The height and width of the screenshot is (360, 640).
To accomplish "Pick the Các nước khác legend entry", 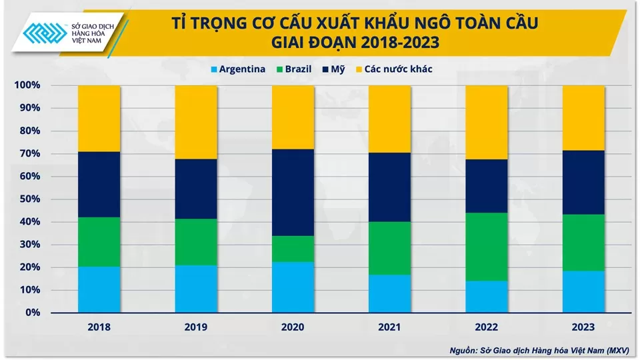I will (393, 69).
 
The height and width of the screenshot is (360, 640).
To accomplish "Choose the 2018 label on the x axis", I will (99, 327).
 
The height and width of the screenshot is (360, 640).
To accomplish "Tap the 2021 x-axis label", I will (389, 327).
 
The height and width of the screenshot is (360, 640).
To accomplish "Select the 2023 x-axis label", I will (583, 327).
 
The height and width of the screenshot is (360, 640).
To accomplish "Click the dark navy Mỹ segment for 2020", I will (293, 192).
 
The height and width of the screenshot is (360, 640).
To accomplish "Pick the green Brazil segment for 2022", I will (487, 247).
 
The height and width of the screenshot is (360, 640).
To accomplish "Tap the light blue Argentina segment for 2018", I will (99, 289).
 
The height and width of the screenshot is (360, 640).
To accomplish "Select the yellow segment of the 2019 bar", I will (196, 122).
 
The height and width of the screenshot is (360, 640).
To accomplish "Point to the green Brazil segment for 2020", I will (293, 249).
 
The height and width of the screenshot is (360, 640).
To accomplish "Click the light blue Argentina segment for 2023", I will (583, 291).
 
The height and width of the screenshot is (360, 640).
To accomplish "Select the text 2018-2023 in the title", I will (400, 44).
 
